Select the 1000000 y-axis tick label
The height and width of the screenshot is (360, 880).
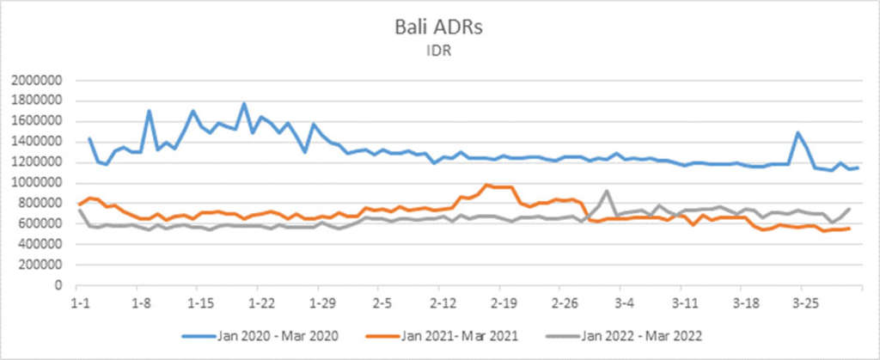click(x=37, y=182)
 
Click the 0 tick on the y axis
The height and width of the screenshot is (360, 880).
click(x=60, y=285)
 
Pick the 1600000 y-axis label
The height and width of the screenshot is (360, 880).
click(x=37, y=121)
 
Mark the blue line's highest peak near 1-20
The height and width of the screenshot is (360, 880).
click(x=243, y=104)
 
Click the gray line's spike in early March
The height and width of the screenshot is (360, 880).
click(x=607, y=191)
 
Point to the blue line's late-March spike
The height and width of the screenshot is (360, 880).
click(x=798, y=132)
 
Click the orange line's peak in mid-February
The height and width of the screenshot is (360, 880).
click(x=486, y=185)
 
